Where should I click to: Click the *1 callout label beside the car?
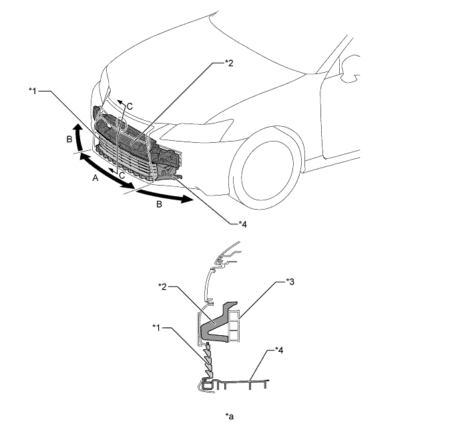pos(33,91)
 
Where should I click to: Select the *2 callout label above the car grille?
pos(229,63)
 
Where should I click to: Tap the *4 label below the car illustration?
pos(242,224)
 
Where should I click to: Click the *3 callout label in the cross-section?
pos(290,282)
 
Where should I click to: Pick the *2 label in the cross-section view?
pos(162,286)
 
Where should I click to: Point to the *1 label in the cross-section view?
pos(156,327)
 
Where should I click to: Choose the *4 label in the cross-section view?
pos(279,350)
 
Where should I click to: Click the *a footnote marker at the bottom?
pos(230,416)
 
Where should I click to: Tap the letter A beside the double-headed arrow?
pos(95,178)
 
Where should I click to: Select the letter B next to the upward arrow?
pos(69,139)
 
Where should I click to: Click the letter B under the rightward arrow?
pos(159,204)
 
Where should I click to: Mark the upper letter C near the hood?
pos(130,106)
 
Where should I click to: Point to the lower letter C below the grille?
pos(122,176)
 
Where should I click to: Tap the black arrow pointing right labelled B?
pos(165,196)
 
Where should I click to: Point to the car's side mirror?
pos(351,68)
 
